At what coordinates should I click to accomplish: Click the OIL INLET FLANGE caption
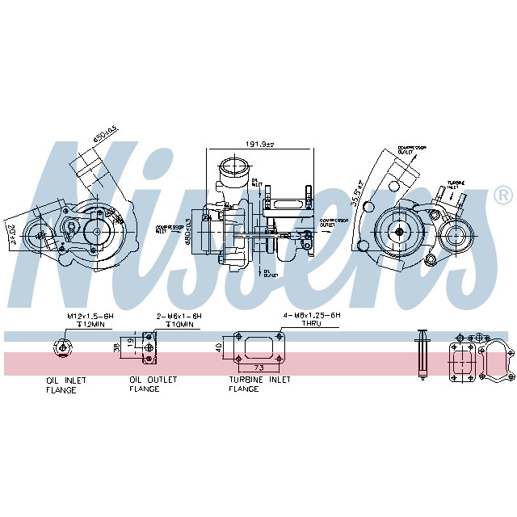click(x=66, y=385)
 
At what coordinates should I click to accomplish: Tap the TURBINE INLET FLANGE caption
click(x=259, y=384)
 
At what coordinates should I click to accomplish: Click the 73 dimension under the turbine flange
click(x=257, y=368)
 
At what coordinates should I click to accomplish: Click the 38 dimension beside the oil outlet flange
click(x=116, y=347)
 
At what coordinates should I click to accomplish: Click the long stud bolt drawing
click(x=421, y=353)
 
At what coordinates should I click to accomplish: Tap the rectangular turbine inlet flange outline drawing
click(x=257, y=347)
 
